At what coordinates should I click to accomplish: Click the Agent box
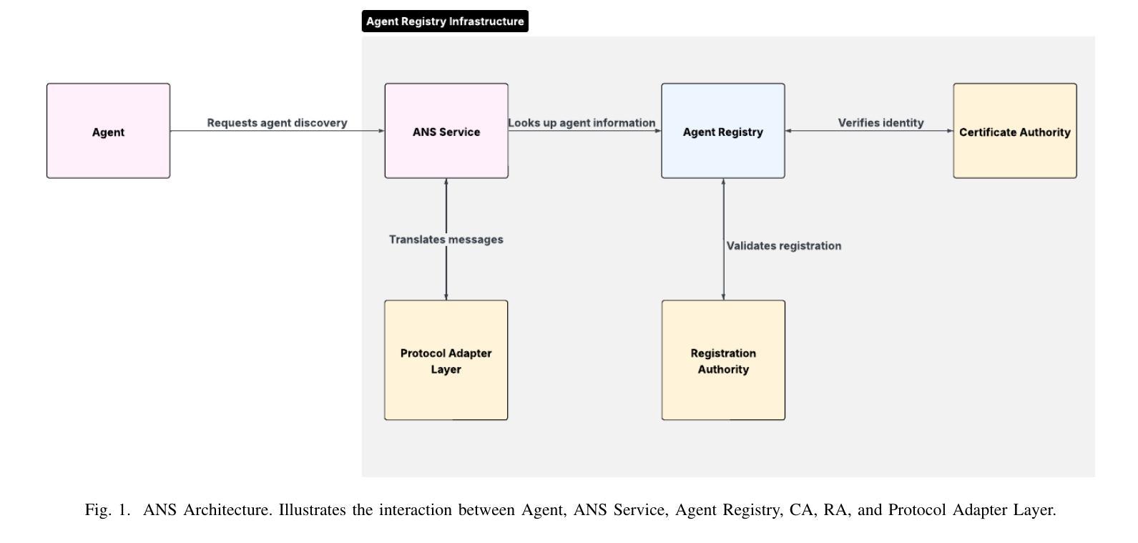108,131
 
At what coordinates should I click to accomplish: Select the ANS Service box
446,131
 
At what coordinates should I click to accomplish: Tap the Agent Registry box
723,131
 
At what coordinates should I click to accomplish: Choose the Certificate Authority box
1015,131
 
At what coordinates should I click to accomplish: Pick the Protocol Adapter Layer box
446,360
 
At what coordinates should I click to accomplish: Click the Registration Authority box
723,360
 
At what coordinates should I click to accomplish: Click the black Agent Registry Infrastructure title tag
445,21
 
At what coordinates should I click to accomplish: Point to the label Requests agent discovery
277,123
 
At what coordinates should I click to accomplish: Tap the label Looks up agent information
582,123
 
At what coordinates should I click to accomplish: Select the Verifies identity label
881,123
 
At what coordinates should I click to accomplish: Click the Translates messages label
446,240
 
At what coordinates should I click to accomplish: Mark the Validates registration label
784,246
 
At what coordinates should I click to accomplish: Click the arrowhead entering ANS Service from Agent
381,131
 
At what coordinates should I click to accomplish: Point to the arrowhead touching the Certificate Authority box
950,131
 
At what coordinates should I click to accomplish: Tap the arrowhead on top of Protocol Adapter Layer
446,297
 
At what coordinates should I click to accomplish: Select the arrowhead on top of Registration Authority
723,297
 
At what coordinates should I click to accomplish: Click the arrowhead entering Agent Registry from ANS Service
659,131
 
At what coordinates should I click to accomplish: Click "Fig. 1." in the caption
108,510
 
